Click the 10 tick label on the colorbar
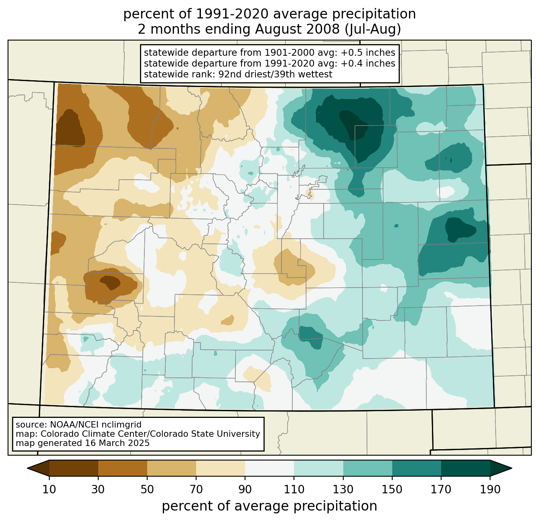point(49,489)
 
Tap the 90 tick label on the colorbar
point(245,489)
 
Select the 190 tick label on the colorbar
point(490,489)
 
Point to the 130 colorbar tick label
point(343,489)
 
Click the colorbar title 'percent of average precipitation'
point(269,506)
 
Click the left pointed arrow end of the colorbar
point(38,468)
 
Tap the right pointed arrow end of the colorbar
point(501,468)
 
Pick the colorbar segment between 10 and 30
point(74,468)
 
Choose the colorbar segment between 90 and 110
point(269,468)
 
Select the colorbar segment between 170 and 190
point(465,468)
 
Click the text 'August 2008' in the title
point(297,29)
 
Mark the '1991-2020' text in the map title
point(233,14)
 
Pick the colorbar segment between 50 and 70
point(172,468)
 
